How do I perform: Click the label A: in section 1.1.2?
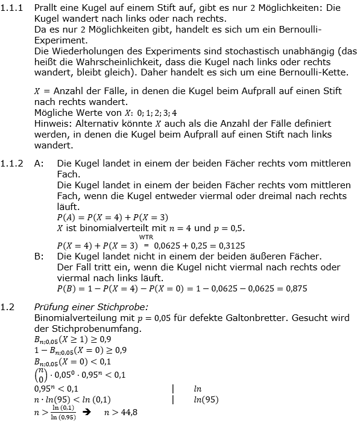click(x=40, y=164)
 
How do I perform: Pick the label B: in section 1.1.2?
click(x=39, y=256)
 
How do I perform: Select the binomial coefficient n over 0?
click(x=40, y=375)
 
